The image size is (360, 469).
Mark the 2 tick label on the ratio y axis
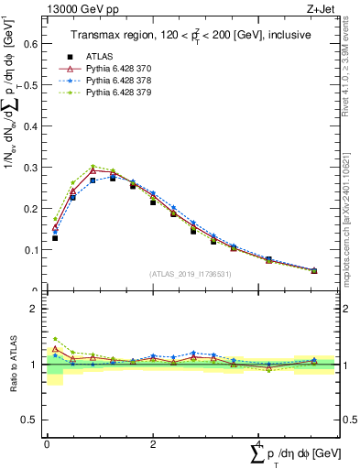click(x=35, y=310)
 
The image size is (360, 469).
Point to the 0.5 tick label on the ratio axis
click(x=30, y=420)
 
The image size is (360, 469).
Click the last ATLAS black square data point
click(x=314, y=271)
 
